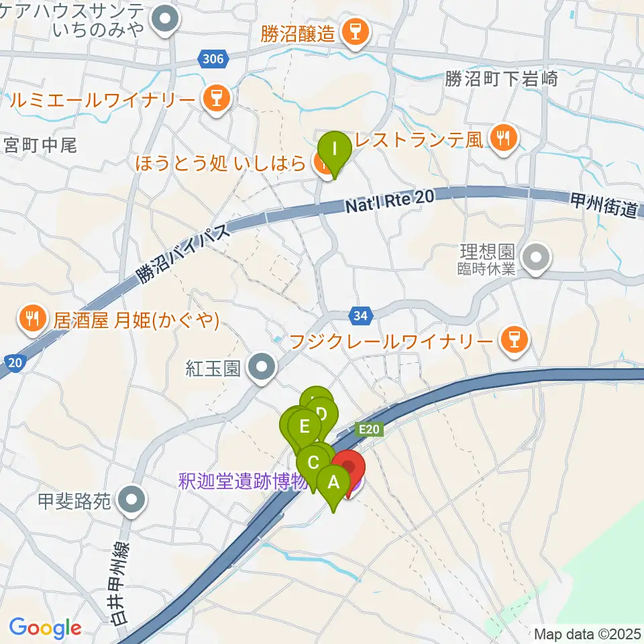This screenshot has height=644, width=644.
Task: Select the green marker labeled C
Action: (313, 463)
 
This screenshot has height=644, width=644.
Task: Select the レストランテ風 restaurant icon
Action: (502, 139)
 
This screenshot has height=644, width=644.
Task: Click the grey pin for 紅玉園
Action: (260, 368)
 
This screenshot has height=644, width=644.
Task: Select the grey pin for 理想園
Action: (535, 259)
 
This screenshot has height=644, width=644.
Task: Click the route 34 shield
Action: (359, 315)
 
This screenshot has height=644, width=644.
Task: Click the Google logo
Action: (45, 628)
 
